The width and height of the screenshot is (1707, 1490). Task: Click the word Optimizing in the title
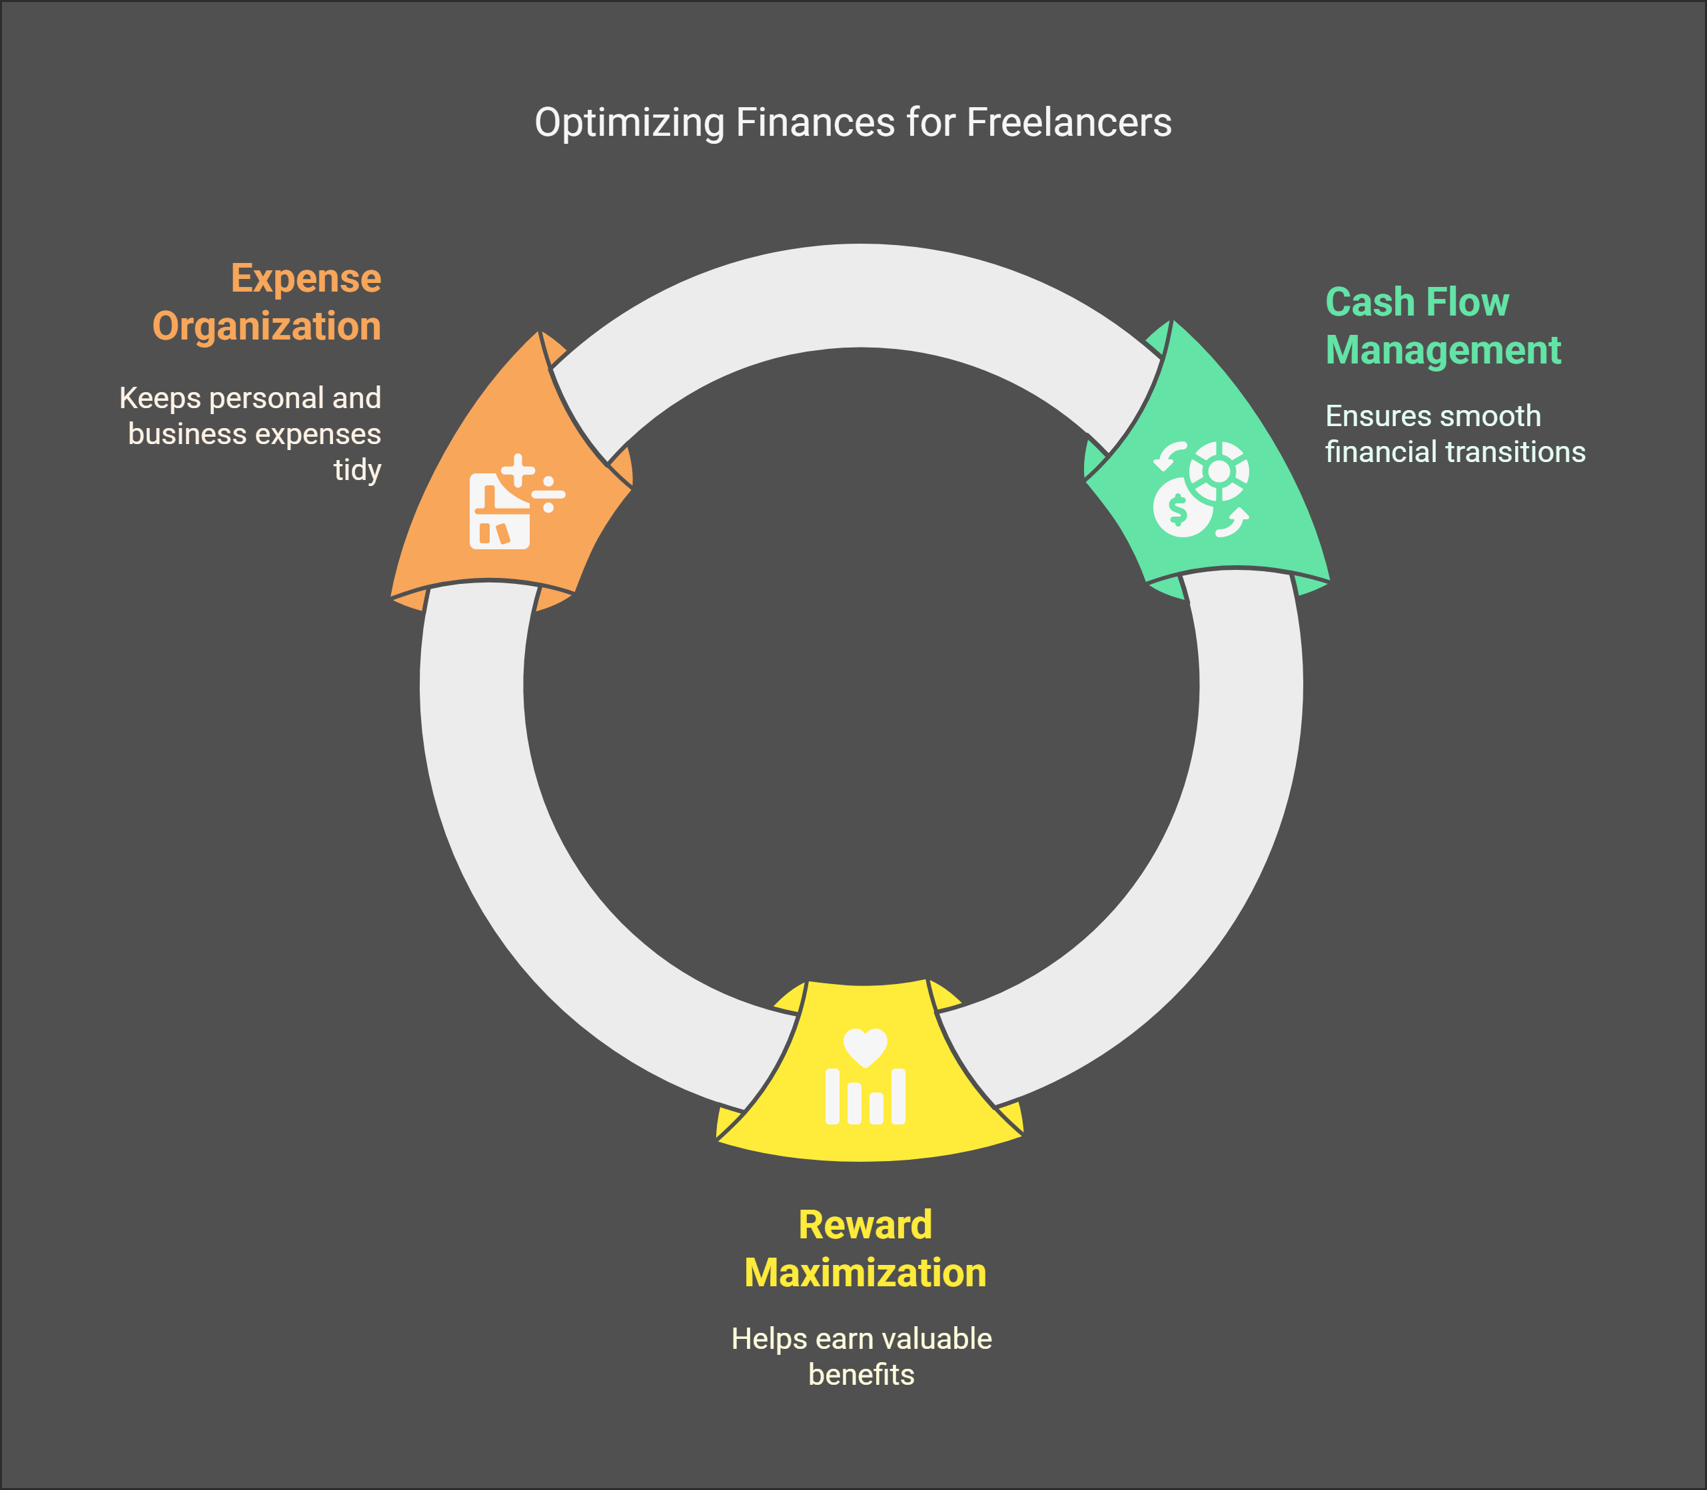pos(629,123)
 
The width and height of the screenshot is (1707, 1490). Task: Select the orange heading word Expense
pos(305,278)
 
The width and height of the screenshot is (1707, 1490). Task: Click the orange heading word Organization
pos(267,326)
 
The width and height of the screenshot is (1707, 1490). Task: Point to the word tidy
pos(357,470)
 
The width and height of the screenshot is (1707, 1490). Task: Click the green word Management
pos(1442,350)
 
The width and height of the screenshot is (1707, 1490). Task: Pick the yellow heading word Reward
pos(865,1225)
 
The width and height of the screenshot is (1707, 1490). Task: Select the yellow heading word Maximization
pos(865,1273)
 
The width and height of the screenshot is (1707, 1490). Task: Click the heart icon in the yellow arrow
pos(865,1047)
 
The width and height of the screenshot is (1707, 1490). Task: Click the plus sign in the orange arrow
pos(518,471)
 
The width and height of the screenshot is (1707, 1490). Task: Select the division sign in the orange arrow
pos(548,495)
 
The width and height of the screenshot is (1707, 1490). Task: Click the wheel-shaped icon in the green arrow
pos(1219,471)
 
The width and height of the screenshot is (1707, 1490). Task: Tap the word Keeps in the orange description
pos(160,398)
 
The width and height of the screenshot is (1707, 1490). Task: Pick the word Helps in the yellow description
pos(769,1339)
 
